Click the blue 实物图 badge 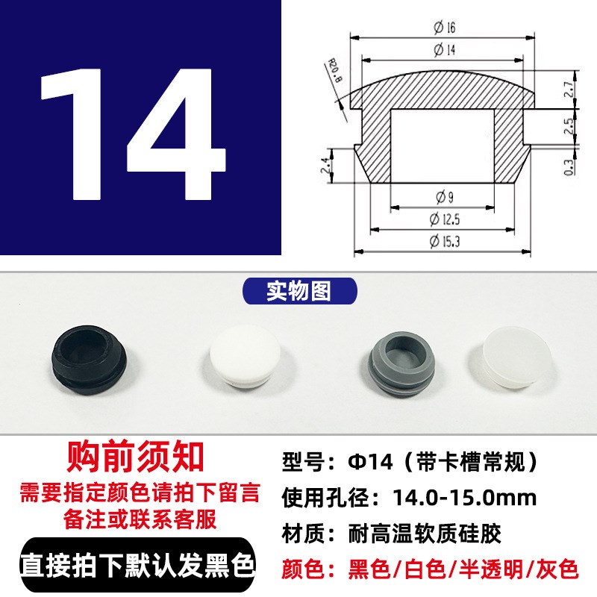298,291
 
